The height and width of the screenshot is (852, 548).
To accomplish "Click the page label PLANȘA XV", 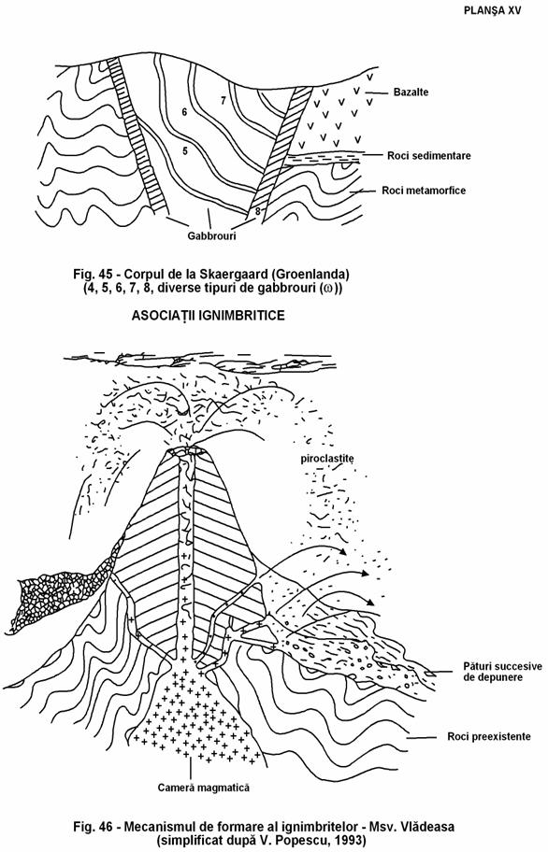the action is tap(492, 11).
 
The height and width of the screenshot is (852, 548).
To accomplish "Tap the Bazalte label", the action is tap(411, 92).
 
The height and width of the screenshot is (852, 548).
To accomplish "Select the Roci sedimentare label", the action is tap(429, 156).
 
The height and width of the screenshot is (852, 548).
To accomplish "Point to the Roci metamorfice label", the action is tap(424, 191).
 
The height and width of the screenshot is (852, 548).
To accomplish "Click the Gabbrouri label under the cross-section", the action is tap(212, 236).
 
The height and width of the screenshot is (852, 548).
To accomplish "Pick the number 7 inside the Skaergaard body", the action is tap(223, 101).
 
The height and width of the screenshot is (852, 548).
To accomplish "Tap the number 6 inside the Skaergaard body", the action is tap(185, 112).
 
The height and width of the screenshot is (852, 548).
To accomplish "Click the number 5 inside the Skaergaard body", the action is tap(185, 151).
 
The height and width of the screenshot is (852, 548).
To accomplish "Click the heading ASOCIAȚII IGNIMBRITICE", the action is tap(209, 316).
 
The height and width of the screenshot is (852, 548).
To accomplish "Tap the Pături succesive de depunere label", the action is tap(502, 672).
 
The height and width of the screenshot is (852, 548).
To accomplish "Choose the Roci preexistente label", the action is tap(489, 737).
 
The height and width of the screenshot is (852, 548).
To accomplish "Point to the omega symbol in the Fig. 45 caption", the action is tap(327, 289).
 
